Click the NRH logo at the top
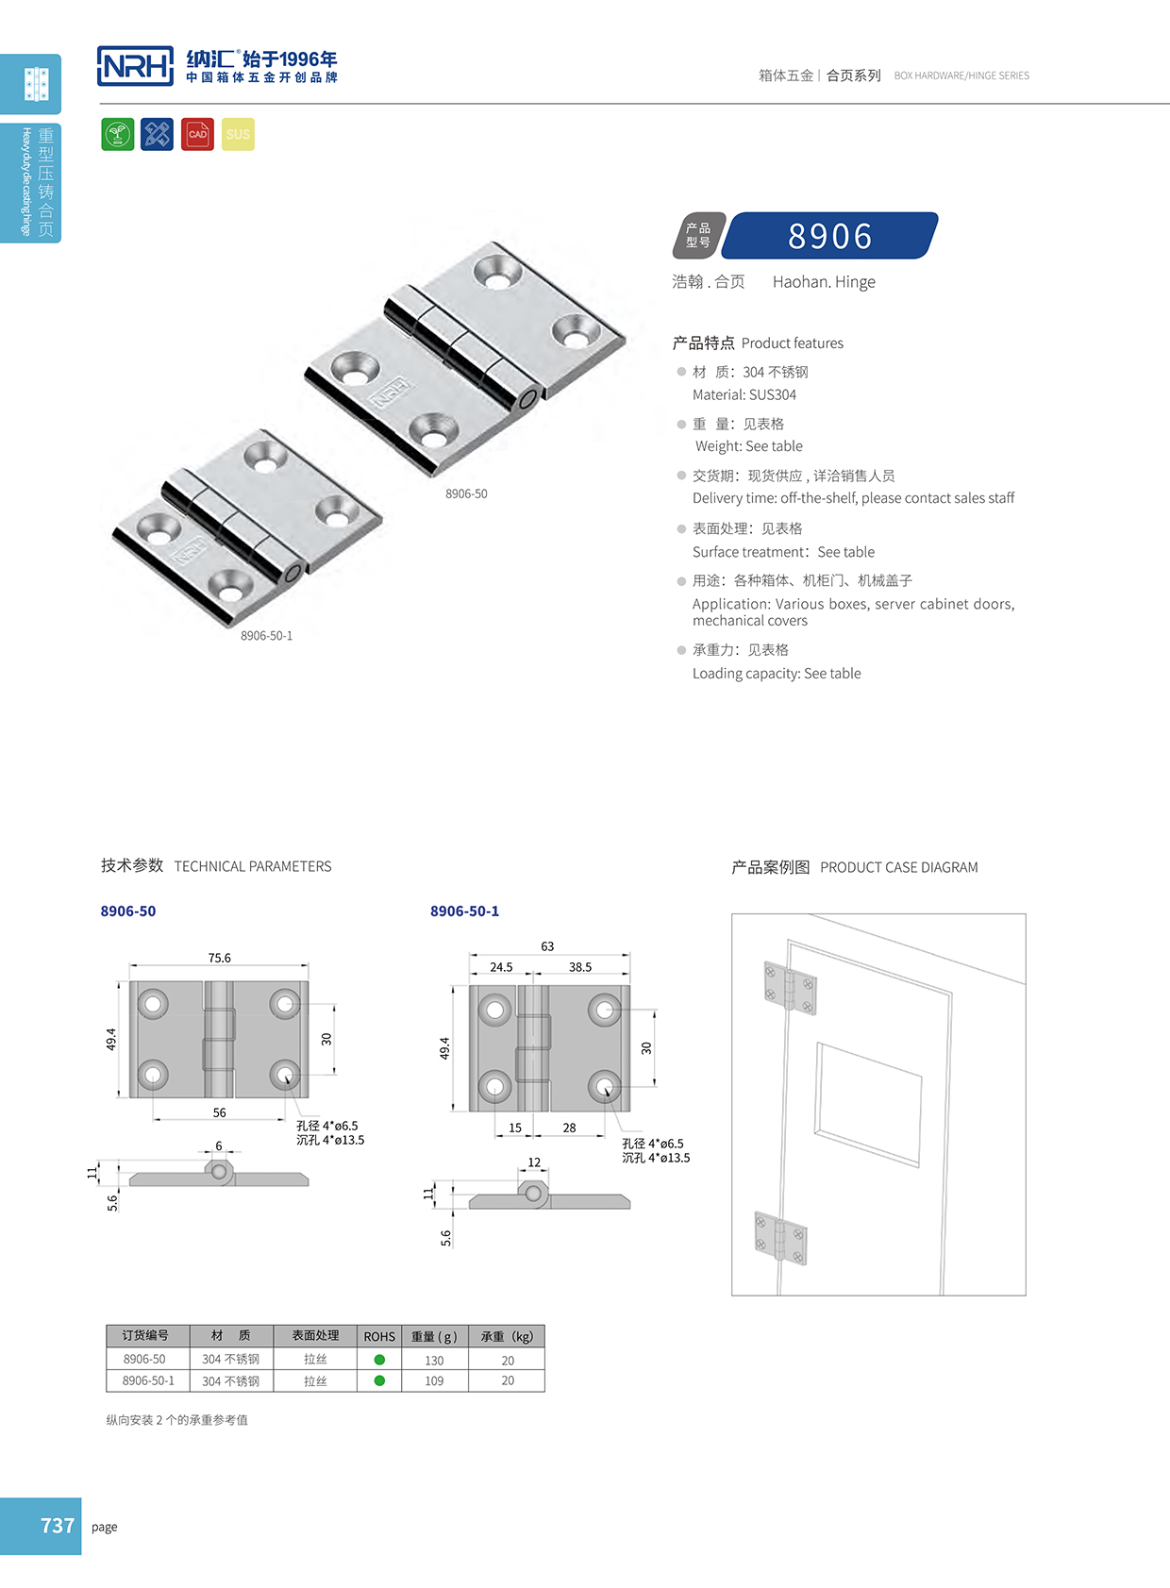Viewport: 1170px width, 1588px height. point(135,66)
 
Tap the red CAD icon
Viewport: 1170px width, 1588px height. point(197,134)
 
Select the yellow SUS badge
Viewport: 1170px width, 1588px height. point(238,134)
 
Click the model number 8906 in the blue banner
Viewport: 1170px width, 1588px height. point(830,236)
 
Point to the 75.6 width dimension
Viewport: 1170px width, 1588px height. point(219,958)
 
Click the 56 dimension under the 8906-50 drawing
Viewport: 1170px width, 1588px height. point(219,1112)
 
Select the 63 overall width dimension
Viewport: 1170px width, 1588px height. point(547,946)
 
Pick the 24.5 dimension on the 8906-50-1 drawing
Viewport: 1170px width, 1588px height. point(501,967)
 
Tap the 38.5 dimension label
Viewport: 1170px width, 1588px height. point(580,967)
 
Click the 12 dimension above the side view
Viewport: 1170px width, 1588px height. point(534,1162)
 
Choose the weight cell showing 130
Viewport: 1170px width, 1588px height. point(434,1361)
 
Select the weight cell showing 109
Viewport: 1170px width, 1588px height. point(434,1380)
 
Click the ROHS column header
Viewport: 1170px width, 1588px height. point(379,1336)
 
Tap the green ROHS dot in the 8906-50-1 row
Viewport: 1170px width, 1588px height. point(379,1380)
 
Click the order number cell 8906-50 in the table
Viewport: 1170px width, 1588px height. point(144,1360)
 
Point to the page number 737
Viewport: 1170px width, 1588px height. point(57,1526)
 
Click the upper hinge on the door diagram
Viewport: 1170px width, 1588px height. point(790,987)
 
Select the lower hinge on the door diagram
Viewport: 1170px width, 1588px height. point(780,1238)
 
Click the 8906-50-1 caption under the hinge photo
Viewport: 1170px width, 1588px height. point(266,636)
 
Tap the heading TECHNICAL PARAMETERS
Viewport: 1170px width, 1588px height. point(253,866)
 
